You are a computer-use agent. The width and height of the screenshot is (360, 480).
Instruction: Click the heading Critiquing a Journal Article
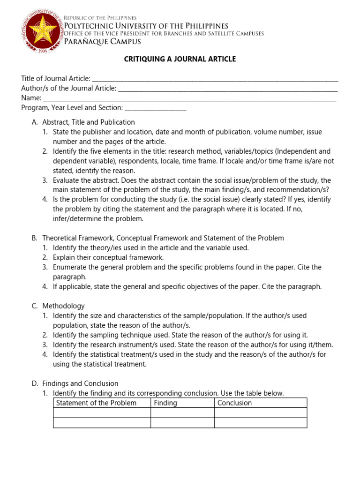point(180,59)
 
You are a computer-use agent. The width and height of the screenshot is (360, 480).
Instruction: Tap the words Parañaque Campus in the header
point(102,42)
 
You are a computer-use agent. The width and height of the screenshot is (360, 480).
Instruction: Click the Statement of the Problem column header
point(96,403)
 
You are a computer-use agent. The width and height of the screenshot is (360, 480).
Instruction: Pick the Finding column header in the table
point(165,403)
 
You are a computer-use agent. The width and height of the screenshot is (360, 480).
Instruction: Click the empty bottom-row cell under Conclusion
point(260,423)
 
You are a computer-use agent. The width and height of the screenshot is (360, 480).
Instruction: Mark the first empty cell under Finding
point(182,412)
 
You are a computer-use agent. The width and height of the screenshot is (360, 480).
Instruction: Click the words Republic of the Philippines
point(100,17)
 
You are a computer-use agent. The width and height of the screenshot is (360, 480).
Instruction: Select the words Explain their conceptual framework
point(108,257)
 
